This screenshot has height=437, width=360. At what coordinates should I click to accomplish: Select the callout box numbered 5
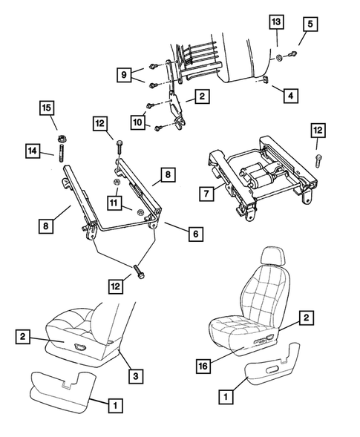(308, 24)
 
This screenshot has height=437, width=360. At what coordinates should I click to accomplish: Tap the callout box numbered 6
(195, 234)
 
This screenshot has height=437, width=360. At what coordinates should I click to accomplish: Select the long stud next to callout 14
(59, 158)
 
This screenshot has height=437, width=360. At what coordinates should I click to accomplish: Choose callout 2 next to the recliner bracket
(200, 96)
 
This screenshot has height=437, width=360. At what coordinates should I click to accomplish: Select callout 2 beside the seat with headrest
(304, 318)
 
